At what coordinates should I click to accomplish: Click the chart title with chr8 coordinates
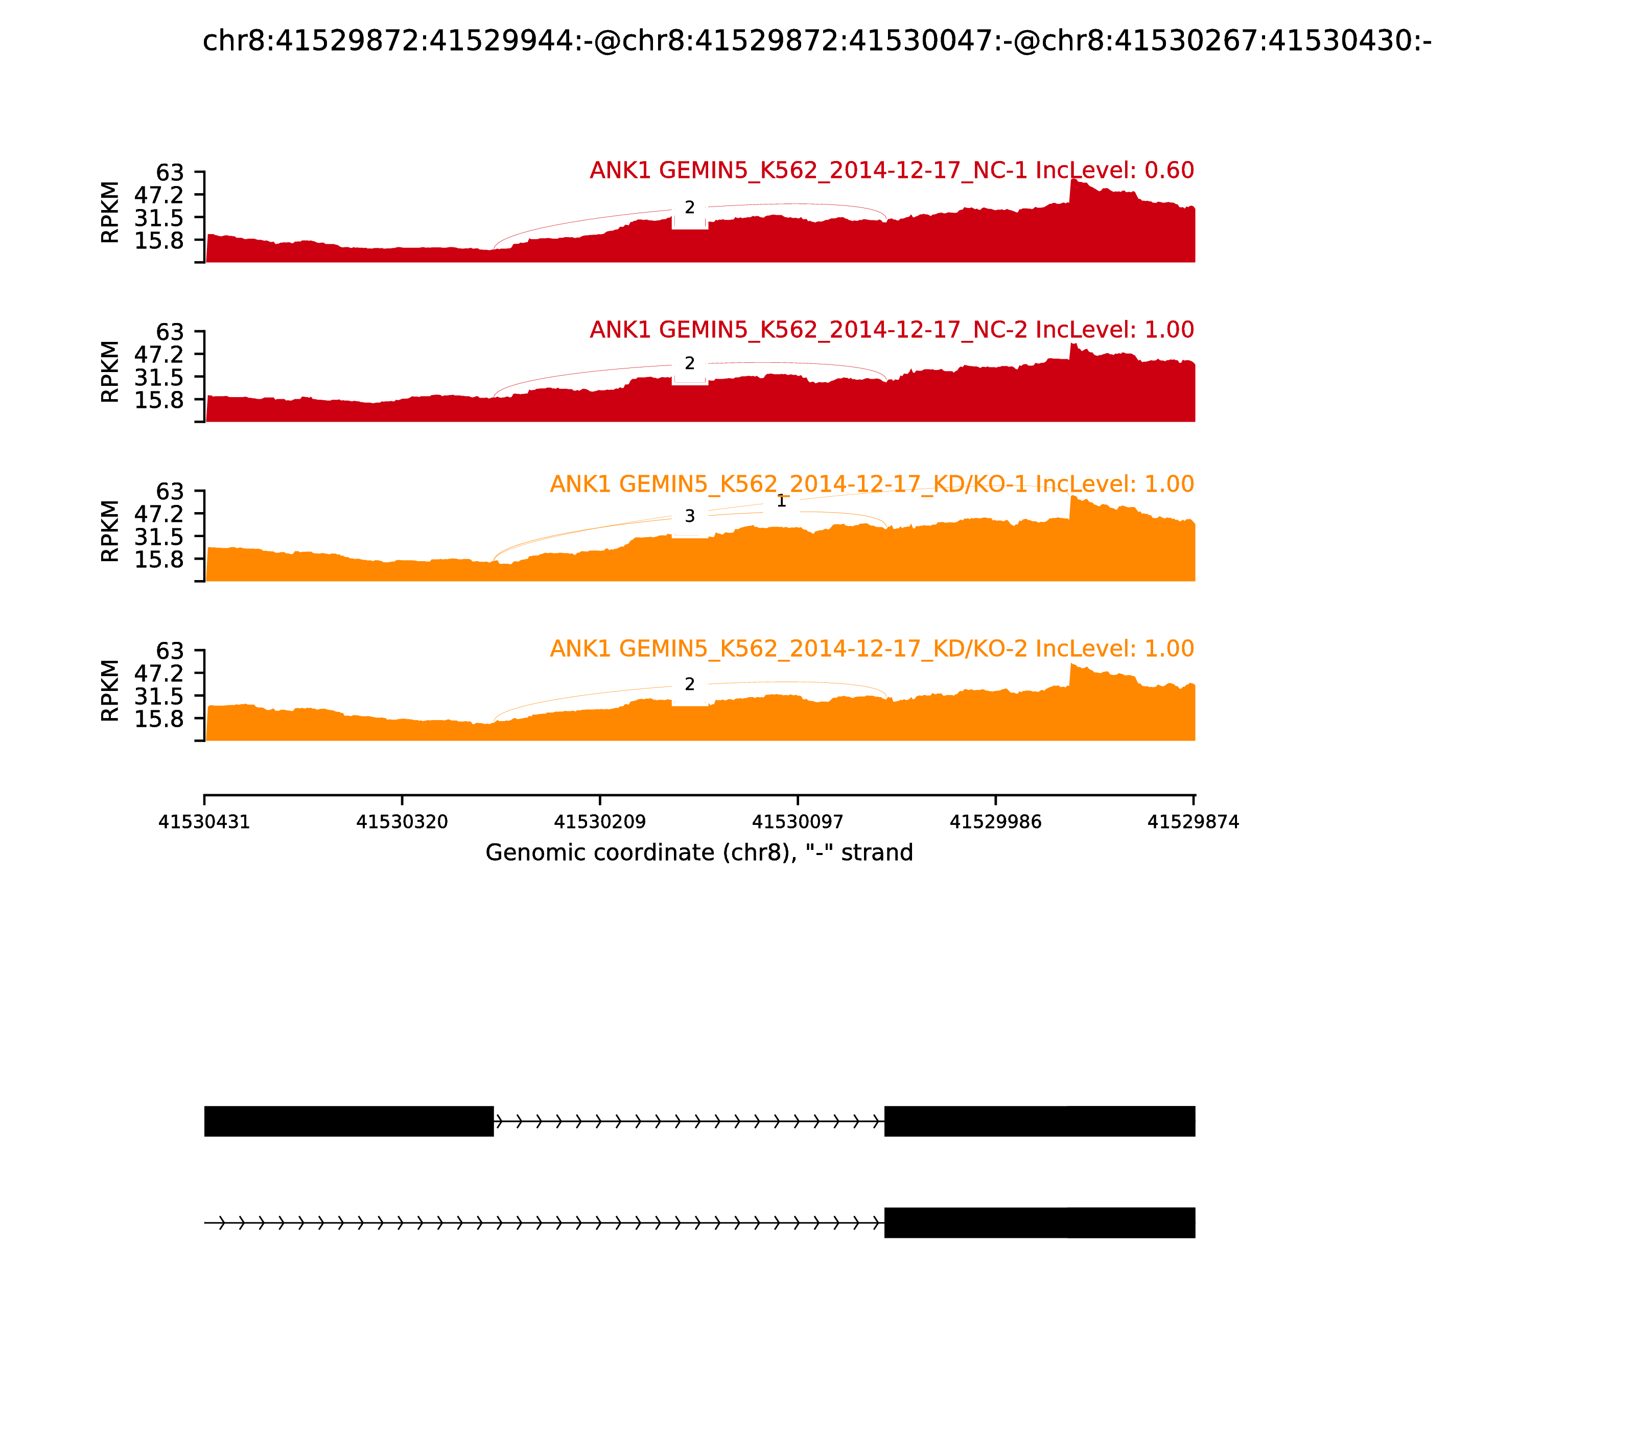click(x=816, y=41)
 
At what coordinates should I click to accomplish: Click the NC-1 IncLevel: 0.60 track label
click(x=891, y=170)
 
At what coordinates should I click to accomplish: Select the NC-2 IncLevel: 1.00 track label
click(x=891, y=330)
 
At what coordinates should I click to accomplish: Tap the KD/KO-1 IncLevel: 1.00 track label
click(x=871, y=484)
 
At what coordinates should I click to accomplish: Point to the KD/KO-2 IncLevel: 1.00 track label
click(x=871, y=649)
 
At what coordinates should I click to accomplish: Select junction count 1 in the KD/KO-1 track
click(x=781, y=501)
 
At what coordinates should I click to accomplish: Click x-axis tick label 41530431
click(x=204, y=822)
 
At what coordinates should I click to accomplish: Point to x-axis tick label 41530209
click(x=599, y=822)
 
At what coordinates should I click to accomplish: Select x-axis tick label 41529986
click(x=995, y=822)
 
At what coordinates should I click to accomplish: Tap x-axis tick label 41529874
click(x=1193, y=822)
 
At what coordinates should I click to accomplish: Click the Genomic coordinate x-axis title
click(x=698, y=853)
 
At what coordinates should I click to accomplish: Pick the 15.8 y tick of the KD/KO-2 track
click(x=159, y=719)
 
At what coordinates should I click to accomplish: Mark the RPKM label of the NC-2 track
click(x=110, y=372)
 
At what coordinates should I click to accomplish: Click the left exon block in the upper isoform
click(x=349, y=1121)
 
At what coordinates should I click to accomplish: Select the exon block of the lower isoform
click(x=1039, y=1222)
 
